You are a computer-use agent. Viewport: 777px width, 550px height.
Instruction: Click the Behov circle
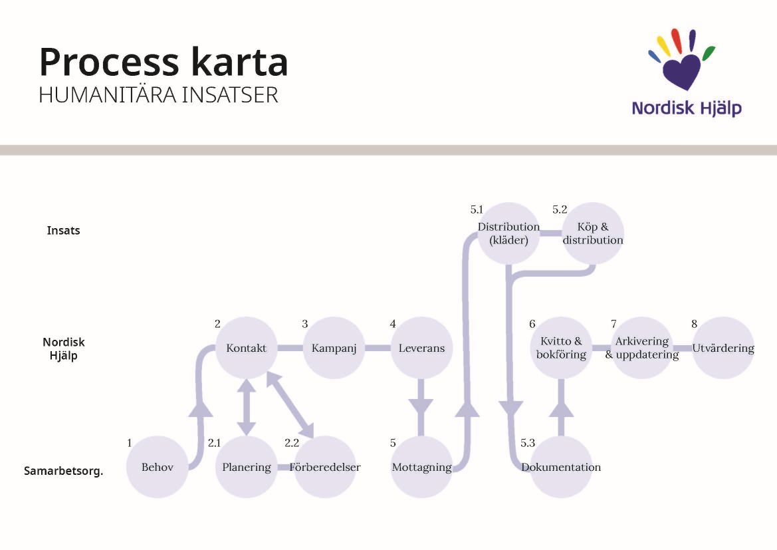158,467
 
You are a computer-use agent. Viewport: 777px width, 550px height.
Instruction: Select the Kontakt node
247,348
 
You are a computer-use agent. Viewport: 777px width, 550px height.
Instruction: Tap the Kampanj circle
334,348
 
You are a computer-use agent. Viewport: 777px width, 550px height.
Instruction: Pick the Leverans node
421,348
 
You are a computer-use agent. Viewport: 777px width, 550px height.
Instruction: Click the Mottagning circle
421,467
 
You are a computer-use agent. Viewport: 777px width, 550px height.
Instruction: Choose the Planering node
247,467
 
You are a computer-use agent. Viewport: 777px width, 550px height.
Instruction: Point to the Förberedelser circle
325,467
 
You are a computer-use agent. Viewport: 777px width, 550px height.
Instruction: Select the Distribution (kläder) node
508,233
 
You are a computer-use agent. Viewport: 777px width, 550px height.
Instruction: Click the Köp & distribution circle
593,233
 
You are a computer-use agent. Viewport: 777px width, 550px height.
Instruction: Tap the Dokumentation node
561,467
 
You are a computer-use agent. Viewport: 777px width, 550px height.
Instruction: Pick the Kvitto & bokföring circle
561,348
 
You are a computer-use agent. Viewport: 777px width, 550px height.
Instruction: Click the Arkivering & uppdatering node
641,348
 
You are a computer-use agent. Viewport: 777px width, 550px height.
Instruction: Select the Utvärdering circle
723,348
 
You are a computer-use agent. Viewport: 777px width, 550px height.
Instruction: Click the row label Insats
64,231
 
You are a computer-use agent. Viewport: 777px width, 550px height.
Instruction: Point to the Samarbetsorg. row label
64,472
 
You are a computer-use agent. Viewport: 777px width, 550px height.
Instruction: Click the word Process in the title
109,62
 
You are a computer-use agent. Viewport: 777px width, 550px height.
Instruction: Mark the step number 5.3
528,443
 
